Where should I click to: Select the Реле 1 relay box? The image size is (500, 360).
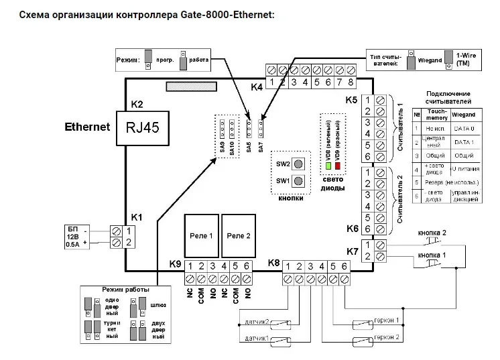coord(202,236)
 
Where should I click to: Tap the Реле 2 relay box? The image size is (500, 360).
coord(239,236)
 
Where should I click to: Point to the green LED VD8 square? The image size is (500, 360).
coord(328,165)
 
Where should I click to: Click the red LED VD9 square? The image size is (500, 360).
coord(338,165)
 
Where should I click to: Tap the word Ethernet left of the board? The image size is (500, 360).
coord(87,126)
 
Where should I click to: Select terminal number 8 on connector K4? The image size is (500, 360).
coord(350,82)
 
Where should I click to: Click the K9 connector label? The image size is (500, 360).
coord(175,265)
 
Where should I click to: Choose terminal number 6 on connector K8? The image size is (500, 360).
coord(345,266)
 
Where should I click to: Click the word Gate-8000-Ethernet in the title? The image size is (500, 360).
coord(228,14)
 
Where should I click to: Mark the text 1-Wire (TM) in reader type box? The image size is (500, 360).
coord(466,59)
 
